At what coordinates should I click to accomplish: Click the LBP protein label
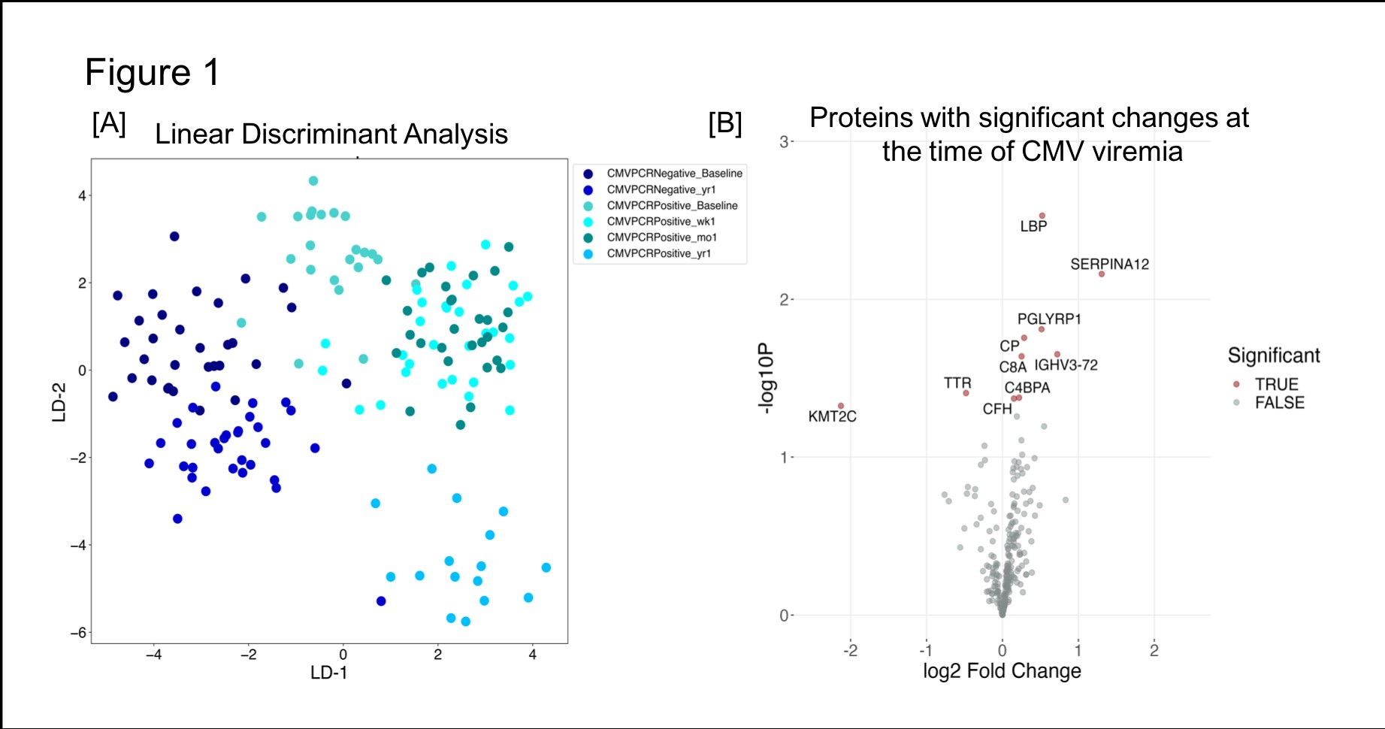[x=1033, y=226]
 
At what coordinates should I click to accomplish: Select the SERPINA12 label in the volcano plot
[x=1109, y=265]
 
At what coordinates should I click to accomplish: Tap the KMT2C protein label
[x=832, y=416]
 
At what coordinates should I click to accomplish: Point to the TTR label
[x=957, y=383]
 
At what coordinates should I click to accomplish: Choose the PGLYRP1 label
[x=1049, y=319]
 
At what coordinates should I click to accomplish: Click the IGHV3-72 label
[x=1066, y=365]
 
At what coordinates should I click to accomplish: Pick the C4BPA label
[x=1027, y=388]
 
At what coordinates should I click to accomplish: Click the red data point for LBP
[x=1042, y=216]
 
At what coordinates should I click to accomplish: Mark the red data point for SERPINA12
[x=1102, y=274]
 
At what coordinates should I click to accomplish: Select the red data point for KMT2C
[x=841, y=406]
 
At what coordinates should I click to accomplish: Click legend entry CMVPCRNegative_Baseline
[x=674, y=174]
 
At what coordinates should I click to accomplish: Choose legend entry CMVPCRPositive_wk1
[x=661, y=222]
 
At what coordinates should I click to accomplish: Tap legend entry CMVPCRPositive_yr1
[x=658, y=254]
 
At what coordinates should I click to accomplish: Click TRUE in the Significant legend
[x=1276, y=384]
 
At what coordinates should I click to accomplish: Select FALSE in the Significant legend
[x=1279, y=403]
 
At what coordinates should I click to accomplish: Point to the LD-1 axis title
[x=329, y=673]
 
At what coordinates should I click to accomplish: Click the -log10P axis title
[x=765, y=378]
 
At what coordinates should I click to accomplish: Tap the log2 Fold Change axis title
[x=1002, y=671]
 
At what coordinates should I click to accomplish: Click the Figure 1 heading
[x=152, y=73]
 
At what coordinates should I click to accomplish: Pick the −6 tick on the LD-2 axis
[x=78, y=633]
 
